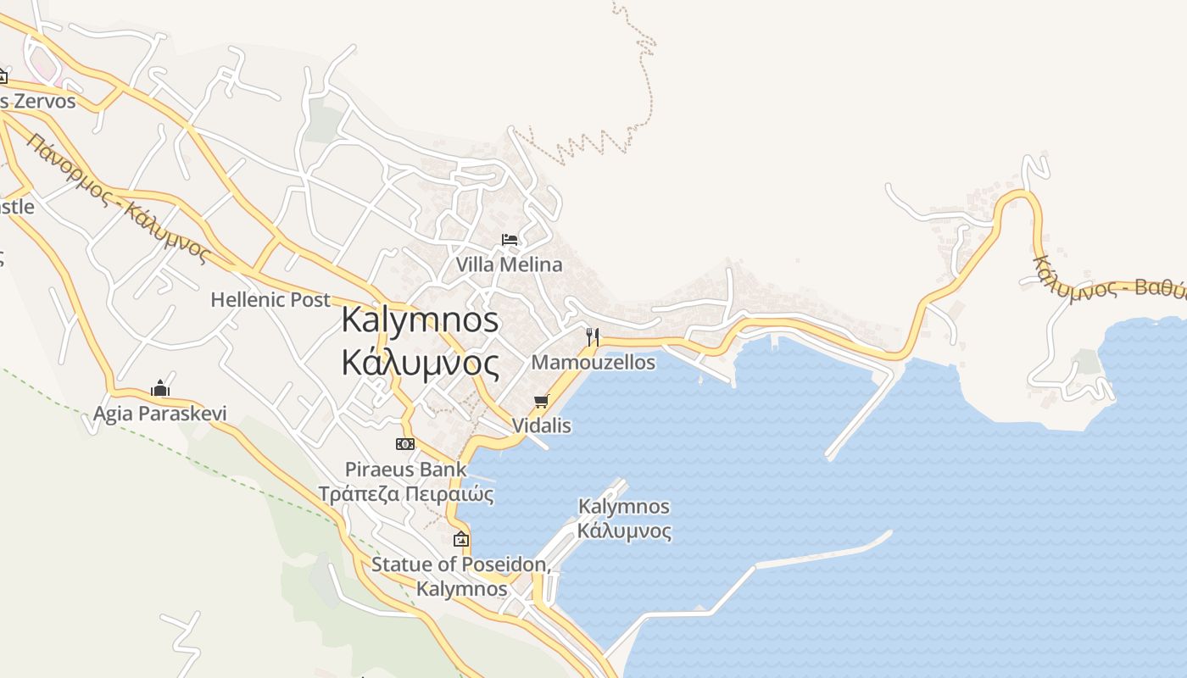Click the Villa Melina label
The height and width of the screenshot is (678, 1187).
pos(509,264)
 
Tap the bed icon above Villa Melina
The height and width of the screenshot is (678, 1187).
pos(510,240)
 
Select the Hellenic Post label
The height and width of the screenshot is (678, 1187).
pos(270,299)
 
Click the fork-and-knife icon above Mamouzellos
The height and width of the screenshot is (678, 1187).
pos(593,336)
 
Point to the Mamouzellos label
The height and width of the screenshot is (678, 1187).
pos(593,363)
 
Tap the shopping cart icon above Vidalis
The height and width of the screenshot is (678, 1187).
pos(542,401)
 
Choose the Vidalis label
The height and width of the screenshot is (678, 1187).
pos(542,425)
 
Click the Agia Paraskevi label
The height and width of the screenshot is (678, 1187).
pos(160,414)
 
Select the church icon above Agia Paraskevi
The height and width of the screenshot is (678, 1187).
pos(160,389)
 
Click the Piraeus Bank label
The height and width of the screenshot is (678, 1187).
pos(405,470)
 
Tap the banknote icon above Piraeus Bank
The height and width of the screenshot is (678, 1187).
pos(405,443)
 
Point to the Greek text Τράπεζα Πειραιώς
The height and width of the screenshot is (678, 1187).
pos(405,494)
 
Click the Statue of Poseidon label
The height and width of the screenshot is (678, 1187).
pos(461,564)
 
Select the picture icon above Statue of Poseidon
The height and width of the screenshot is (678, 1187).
pos(461,539)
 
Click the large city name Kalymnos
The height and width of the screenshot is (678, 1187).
pos(421,320)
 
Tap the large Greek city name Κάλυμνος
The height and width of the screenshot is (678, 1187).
pos(421,363)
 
